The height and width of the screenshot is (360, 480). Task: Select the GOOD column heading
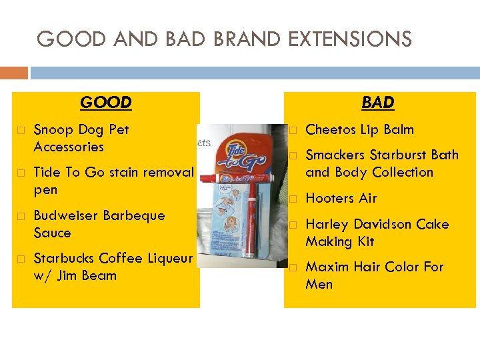tap(105, 102)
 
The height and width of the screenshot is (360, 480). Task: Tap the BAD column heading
tap(378, 102)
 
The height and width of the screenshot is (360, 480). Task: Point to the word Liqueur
tap(168, 258)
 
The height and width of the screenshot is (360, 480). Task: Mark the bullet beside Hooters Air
tap(292, 199)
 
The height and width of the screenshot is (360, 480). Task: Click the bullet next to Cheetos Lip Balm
tap(292, 130)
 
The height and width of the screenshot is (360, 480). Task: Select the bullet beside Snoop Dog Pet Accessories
tap(19, 130)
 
